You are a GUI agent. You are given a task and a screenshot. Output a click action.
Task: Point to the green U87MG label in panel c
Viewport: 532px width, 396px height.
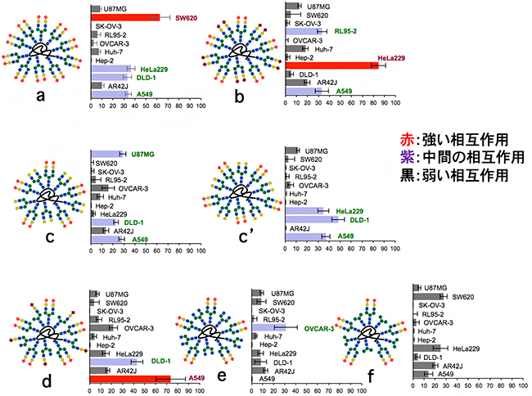coord(144,153)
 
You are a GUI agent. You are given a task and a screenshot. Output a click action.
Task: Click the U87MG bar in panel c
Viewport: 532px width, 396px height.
coord(106,153)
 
